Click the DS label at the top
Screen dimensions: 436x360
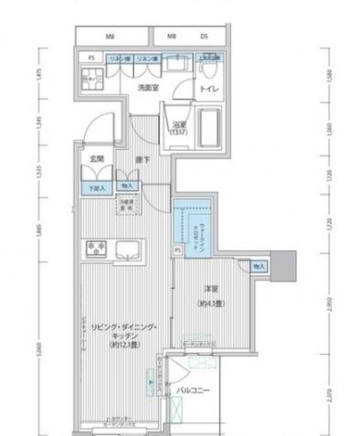pos(204,37)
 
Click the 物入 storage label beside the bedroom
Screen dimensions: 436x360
pos(259,266)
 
